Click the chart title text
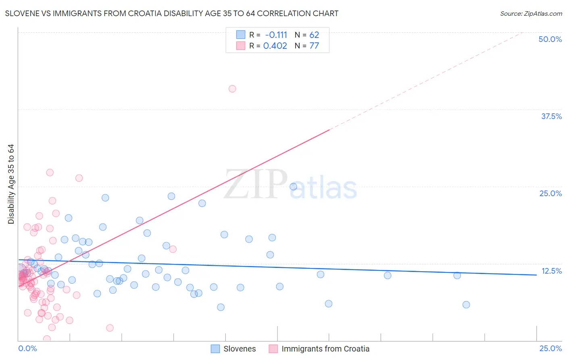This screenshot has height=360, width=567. (x=172, y=13)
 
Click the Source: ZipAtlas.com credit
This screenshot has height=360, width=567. (x=531, y=13)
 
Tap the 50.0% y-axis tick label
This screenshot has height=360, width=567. (x=550, y=39)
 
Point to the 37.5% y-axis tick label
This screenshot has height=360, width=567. (x=551, y=116)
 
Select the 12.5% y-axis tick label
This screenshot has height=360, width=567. (x=551, y=271)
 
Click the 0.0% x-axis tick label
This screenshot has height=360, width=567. (x=27, y=348)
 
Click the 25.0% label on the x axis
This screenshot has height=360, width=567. (x=550, y=348)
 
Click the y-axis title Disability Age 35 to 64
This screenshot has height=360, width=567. (x=11, y=184)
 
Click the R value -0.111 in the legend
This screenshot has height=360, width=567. (x=276, y=35)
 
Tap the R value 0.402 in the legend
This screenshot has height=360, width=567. (x=275, y=46)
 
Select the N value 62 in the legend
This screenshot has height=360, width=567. (x=314, y=35)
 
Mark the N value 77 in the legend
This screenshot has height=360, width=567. (x=314, y=46)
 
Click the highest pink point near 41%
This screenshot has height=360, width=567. (x=232, y=89)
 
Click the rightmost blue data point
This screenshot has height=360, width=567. (x=466, y=305)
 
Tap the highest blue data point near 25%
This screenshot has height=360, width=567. (x=294, y=186)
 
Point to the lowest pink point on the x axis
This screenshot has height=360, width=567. (x=47, y=339)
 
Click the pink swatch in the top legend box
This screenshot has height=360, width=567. (x=241, y=46)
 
